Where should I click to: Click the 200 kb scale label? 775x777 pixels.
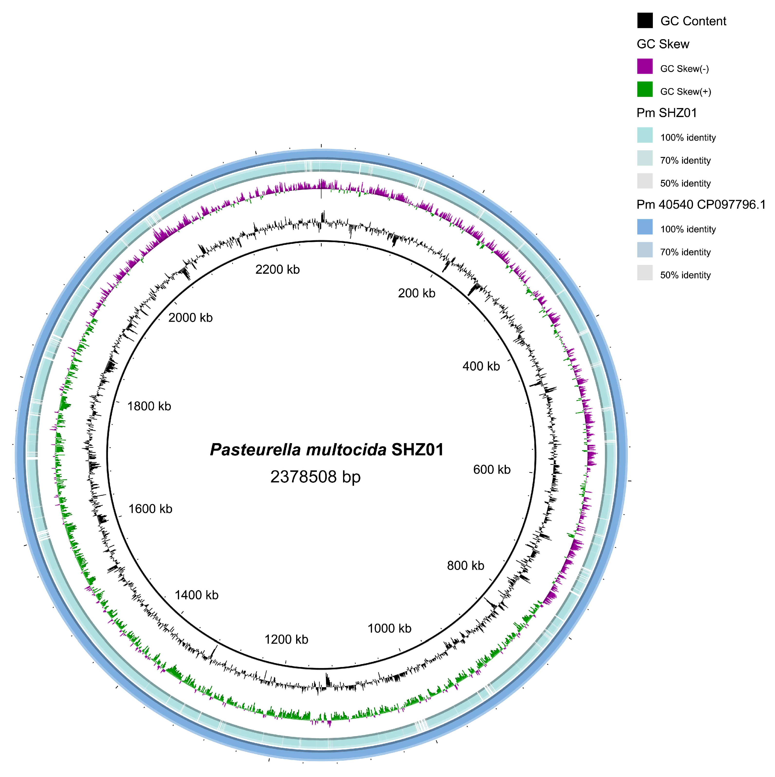coord(416,293)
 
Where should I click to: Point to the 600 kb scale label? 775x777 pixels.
coord(492,470)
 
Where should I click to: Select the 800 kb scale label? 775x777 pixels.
coord(465,566)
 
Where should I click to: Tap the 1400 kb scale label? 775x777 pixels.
coord(196,595)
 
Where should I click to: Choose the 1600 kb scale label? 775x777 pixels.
coord(150,509)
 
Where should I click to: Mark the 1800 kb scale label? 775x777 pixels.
coord(149,407)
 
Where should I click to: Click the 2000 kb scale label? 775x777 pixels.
coord(190,318)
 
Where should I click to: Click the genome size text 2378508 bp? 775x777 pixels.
coord(315,477)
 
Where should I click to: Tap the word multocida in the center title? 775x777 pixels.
coord(346,450)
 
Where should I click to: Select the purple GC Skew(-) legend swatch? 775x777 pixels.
coord(644,67)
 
